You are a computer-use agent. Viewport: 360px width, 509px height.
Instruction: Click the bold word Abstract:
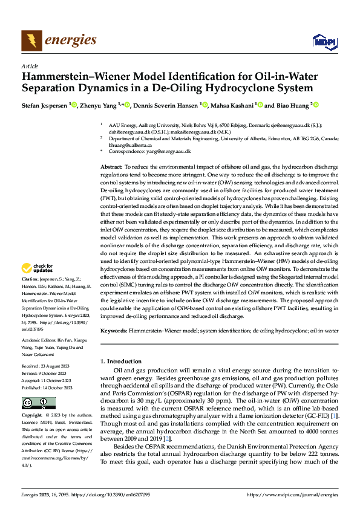(111, 166)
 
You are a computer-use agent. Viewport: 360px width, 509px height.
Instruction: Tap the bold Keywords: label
(114, 331)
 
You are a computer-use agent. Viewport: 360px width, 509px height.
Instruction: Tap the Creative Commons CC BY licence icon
(38, 403)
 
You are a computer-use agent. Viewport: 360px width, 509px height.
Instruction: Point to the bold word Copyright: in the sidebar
(33, 416)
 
